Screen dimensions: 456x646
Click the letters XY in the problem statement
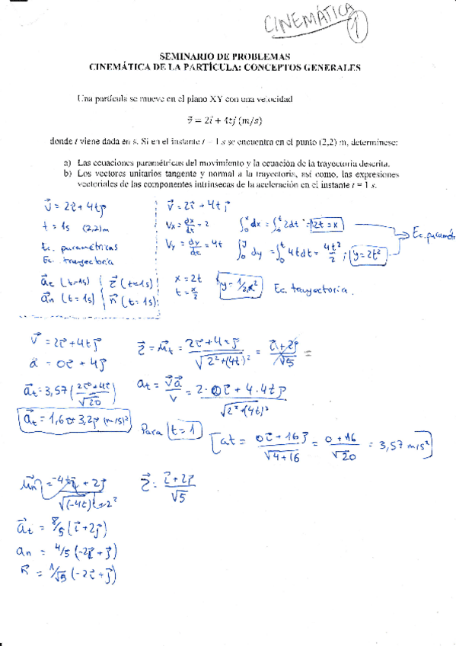209,99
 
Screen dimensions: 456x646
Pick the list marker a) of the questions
67,163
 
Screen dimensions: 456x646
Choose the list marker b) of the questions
67,174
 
